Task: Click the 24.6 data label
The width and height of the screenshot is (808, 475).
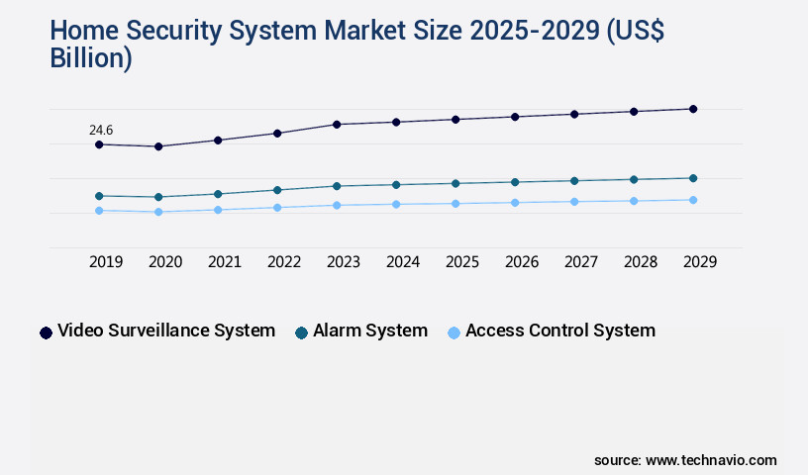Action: pos(101,130)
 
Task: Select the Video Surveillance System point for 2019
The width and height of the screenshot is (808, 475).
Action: pos(99,144)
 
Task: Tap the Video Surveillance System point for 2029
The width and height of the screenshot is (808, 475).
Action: pos(693,109)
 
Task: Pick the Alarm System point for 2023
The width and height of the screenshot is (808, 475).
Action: pos(337,186)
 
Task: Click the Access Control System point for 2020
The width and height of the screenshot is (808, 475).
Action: pos(158,212)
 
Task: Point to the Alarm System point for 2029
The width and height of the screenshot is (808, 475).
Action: pos(693,178)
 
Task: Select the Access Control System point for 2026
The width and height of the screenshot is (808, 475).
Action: pos(515,203)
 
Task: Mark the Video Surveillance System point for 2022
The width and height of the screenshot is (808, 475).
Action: pos(277,133)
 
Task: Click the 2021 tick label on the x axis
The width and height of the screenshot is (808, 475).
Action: pos(225,262)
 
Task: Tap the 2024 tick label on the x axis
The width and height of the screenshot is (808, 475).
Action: pos(403,262)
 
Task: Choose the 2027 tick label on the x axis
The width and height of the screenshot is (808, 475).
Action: pos(581,262)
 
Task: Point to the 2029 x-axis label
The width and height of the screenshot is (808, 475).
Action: pos(700,262)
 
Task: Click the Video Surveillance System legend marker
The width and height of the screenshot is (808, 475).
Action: pos(46,332)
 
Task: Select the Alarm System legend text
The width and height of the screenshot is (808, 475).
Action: pos(370,331)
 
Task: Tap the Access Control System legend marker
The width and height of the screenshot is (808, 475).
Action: pos(454,332)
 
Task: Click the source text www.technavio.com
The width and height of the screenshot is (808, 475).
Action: pos(711,460)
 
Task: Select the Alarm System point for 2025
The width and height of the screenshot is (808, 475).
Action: pos(455,183)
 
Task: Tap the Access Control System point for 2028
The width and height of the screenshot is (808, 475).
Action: pos(634,201)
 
